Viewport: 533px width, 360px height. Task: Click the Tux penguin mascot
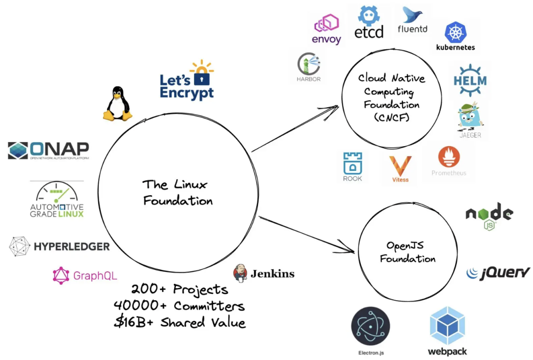click(117, 103)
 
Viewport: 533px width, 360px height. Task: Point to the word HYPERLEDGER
click(72, 246)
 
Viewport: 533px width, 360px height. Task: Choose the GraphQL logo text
click(95, 276)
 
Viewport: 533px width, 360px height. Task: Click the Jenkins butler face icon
click(240, 273)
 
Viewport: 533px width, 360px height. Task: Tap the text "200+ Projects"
click(180, 289)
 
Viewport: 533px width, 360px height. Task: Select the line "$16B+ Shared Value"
click(180, 322)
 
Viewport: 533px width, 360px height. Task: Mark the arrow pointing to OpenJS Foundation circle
click(306, 235)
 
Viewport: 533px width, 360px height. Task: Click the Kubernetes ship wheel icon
click(456, 33)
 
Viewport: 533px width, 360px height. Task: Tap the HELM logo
click(470, 80)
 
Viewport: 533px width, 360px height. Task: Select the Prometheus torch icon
click(449, 158)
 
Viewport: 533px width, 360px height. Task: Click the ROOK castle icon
click(352, 163)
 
